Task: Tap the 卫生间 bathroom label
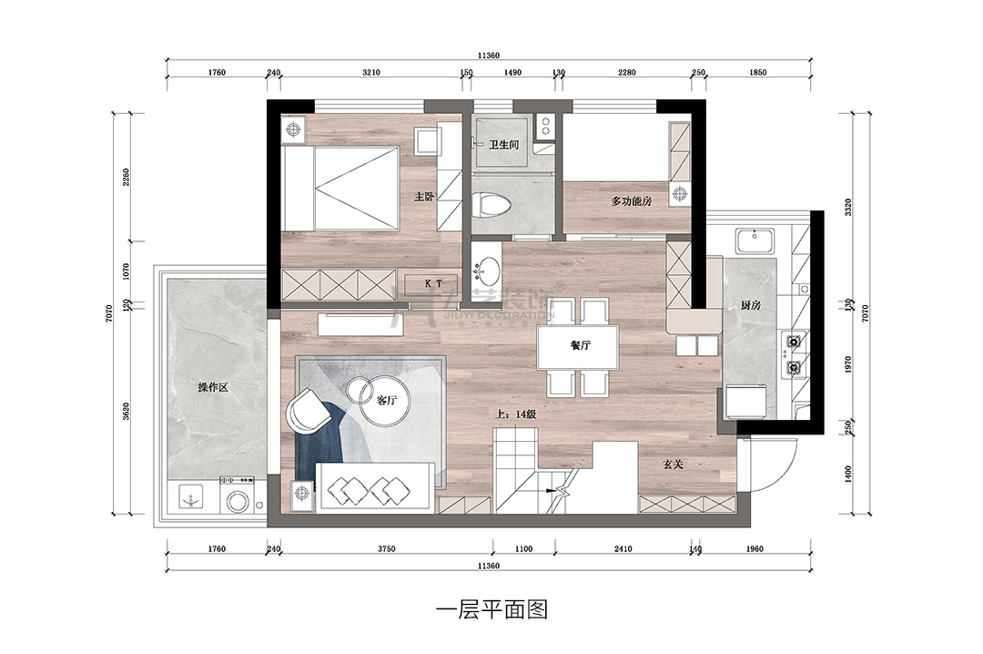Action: click(x=503, y=145)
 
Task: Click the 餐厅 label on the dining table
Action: click(x=581, y=346)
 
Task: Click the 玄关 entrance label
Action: click(x=674, y=465)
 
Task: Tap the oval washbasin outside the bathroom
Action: click(x=490, y=270)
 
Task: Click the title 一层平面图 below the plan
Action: click(x=491, y=609)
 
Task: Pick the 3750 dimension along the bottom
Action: click(x=386, y=549)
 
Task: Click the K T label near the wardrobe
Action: click(x=434, y=283)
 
